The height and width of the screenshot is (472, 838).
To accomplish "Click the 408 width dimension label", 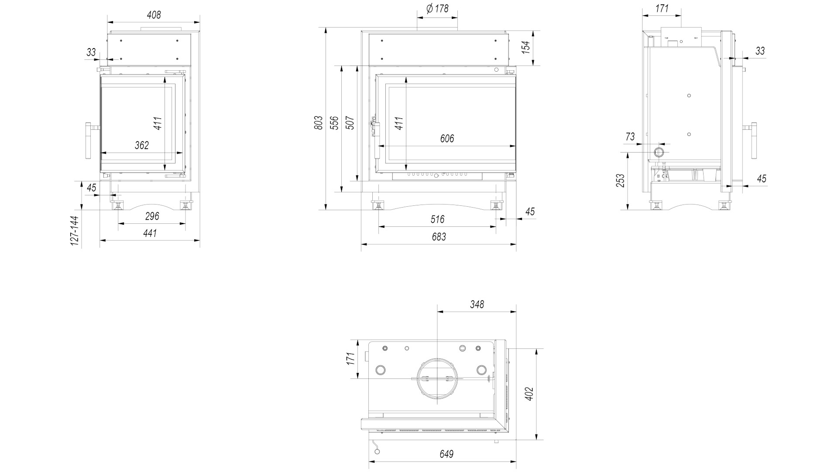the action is point(154,15).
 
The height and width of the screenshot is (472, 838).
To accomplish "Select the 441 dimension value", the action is point(150,233).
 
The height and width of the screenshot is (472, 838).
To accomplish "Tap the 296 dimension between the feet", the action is point(152,216).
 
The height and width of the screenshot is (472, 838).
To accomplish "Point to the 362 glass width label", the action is point(142,145).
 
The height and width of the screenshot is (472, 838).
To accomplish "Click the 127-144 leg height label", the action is point(75,231).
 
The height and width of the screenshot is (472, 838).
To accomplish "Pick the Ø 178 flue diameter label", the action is point(437,8).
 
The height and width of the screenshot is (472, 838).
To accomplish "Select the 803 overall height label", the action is point(319,122).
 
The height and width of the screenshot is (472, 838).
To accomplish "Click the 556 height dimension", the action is point(334,123).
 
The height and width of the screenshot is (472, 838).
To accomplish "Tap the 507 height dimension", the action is point(350,123).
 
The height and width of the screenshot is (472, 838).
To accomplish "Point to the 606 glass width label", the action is point(447,139).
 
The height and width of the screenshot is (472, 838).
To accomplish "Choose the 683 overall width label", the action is point(439,237).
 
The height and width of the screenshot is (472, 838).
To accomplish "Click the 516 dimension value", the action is point(437,219).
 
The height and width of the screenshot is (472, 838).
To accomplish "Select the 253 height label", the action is point(620,180).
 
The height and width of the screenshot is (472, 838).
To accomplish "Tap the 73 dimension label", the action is point(630,137).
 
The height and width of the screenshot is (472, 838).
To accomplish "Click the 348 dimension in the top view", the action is point(477,304).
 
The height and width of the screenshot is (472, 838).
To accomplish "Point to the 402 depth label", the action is point(529,394).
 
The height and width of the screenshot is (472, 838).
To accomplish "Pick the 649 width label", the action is point(446,454).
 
